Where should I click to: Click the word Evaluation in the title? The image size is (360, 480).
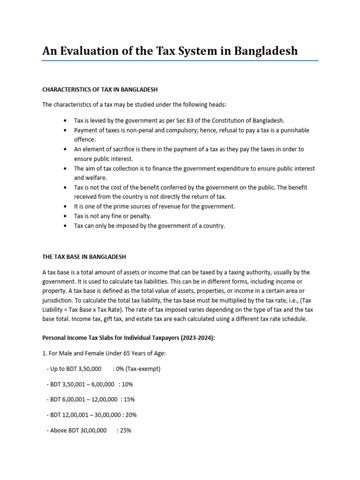coord(89,51)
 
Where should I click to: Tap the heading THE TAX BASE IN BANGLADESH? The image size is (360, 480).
coord(84,257)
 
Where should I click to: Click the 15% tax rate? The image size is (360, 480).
coord(129,399)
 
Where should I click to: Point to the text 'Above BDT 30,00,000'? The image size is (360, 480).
coord(78,430)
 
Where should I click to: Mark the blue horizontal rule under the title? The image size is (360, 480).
coord(180,61)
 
